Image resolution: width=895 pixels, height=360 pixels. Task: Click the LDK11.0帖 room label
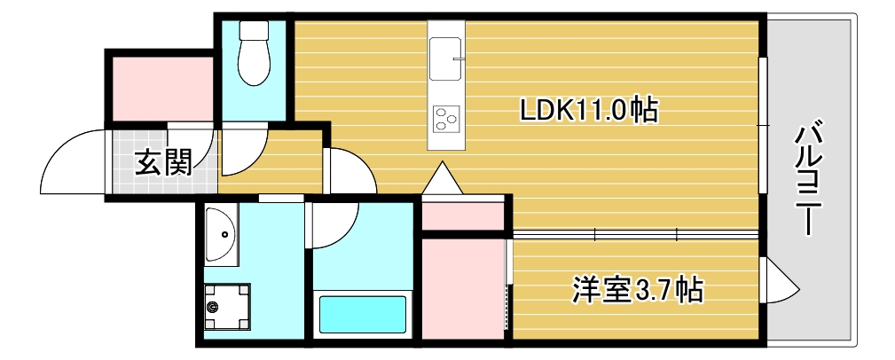(x=588, y=110)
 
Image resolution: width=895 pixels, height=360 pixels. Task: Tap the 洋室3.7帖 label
(x=638, y=288)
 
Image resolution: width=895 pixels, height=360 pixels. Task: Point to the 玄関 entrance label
(x=164, y=162)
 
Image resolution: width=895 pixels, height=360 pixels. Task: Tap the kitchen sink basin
(x=446, y=59)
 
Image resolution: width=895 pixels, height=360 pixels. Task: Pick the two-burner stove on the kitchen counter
(x=445, y=118)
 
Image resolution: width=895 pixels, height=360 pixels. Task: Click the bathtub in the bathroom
(x=361, y=313)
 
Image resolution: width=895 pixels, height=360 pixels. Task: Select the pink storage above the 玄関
(x=162, y=87)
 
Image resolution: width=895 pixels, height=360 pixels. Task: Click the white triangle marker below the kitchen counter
(x=442, y=179)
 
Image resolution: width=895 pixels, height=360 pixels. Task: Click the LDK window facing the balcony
(x=763, y=124)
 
